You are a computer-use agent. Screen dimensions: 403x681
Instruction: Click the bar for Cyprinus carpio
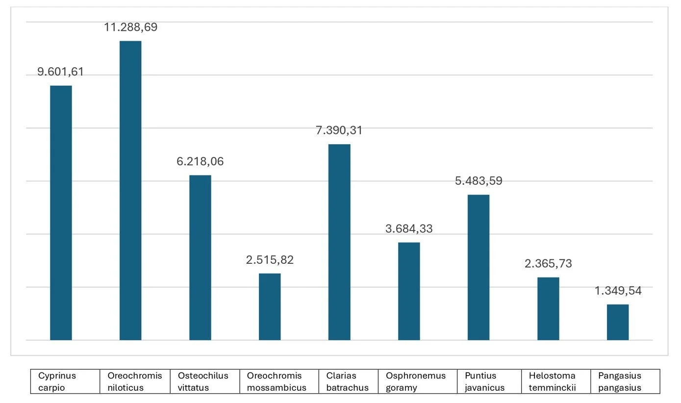click(61, 213)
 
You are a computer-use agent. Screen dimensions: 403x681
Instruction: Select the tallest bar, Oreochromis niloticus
click(130, 190)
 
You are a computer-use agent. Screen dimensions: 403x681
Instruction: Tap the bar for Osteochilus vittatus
click(200, 257)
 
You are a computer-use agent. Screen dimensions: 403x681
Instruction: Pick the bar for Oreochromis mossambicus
click(270, 306)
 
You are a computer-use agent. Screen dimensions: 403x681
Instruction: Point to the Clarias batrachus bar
click(339, 242)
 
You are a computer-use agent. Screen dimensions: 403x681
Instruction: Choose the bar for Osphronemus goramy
click(409, 291)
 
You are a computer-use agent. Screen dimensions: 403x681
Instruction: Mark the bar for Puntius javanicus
click(479, 267)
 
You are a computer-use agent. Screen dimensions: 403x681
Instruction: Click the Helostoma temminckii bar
click(548, 308)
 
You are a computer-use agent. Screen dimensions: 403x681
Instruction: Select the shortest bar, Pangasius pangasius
click(618, 322)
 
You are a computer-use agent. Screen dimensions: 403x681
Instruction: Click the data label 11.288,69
click(130, 27)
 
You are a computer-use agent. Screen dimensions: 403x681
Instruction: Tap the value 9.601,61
click(61, 72)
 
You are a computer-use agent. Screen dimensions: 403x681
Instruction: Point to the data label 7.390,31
click(339, 130)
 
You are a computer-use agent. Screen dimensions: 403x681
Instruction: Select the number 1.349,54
click(618, 291)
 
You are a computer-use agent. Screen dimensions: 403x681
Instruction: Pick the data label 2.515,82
click(270, 260)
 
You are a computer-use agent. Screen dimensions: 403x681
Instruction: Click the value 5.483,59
click(479, 181)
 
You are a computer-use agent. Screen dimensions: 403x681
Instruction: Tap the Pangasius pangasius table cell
click(625, 381)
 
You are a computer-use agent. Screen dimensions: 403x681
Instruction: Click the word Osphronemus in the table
click(416, 376)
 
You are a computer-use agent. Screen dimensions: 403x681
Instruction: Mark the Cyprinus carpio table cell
click(65, 381)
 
